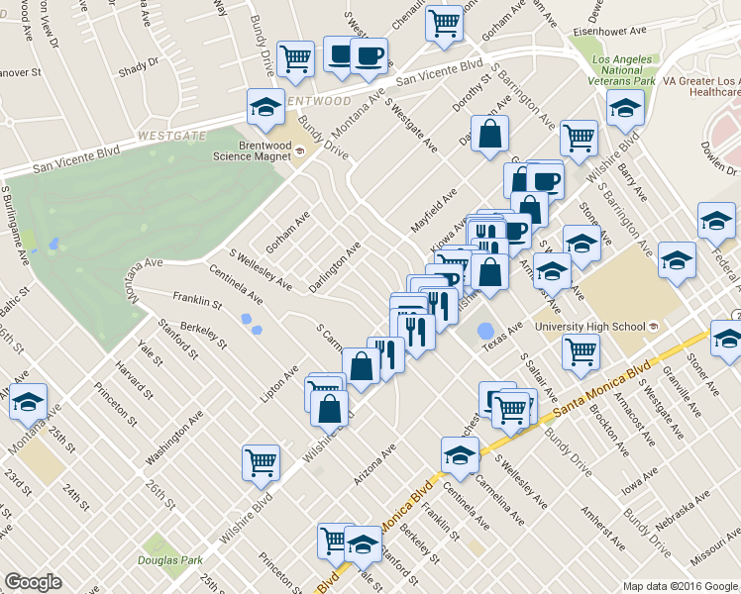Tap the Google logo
click(x=33, y=583)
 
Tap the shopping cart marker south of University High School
click(x=580, y=350)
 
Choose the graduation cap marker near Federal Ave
click(x=715, y=221)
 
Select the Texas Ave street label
click(x=501, y=339)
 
